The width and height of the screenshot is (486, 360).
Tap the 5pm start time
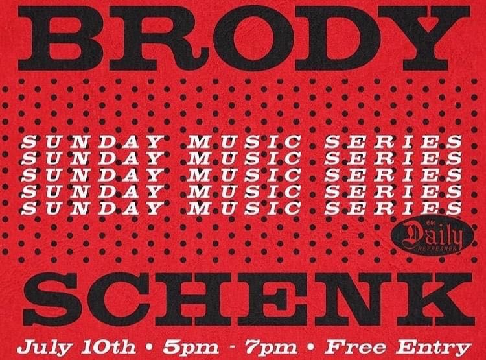191,347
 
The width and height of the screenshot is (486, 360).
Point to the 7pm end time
271,347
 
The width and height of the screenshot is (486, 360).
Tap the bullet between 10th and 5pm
150,346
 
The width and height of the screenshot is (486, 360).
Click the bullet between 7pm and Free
311,346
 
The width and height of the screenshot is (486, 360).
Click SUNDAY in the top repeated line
92,142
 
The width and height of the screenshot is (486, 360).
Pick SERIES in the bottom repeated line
393,208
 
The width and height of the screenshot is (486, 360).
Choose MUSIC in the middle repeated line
244,175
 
